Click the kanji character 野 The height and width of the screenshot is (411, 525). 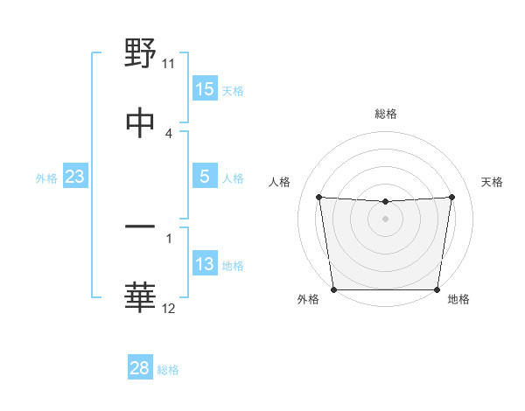tap(140, 53)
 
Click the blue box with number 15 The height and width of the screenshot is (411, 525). tap(205, 89)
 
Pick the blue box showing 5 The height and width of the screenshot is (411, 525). tap(205, 177)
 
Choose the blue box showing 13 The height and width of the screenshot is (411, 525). tap(205, 264)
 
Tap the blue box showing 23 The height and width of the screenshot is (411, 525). tap(75, 177)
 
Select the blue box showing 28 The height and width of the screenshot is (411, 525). tap(140, 368)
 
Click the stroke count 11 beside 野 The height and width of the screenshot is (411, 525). tap(169, 64)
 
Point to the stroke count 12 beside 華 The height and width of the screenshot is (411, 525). tap(169, 308)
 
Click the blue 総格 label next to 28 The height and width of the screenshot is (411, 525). tap(169, 370)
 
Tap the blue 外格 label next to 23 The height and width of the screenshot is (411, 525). tap(46, 178)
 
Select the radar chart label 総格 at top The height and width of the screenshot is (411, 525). tap(386, 114)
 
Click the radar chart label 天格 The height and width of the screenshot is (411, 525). tap(493, 182)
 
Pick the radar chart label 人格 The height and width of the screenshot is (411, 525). tap(280, 182)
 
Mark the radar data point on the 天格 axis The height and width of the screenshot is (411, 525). tap(452, 197)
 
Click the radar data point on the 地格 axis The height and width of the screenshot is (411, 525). tap(437, 289)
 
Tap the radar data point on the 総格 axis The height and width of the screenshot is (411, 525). tap(386, 202)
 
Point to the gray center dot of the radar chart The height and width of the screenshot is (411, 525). tap(386, 219)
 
